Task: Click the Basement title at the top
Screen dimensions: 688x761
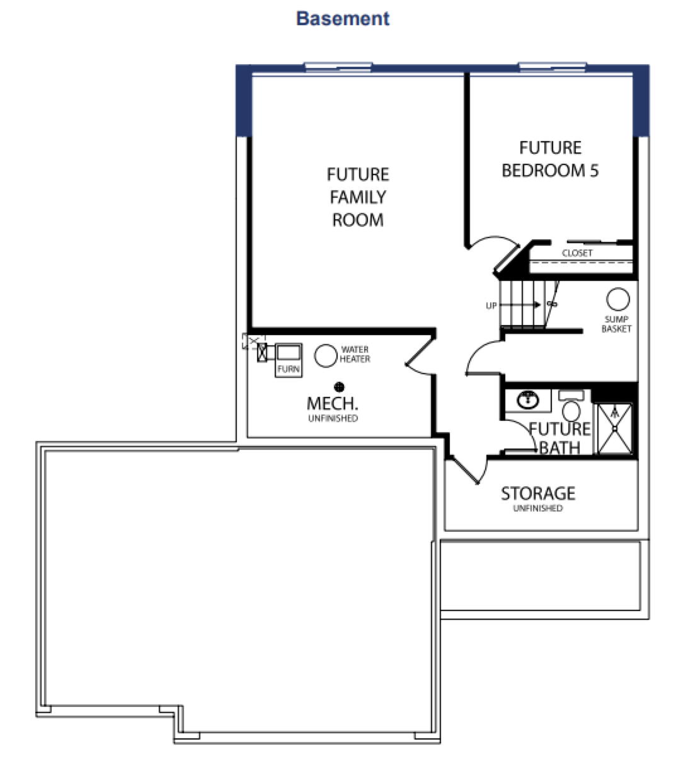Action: (x=343, y=19)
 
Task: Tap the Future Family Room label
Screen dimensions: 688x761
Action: (x=358, y=197)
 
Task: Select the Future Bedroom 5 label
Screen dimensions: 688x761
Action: (x=550, y=159)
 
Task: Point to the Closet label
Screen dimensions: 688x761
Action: (x=577, y=253)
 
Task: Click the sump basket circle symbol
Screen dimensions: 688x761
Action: (x=618, y=300)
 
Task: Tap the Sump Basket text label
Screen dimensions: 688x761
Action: (x=617, y=324)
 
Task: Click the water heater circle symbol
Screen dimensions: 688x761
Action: (x=326, y=355)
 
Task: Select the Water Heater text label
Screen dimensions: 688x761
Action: (x=355, y=354)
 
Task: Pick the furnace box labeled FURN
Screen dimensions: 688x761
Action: (x=289, y=360)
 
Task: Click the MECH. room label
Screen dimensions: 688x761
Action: (x=333, y=404)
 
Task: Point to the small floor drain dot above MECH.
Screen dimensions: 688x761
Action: (x=339, y=387)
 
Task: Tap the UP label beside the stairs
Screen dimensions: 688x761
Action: (x=491, y=306)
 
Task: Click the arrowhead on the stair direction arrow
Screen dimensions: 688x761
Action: (x=537, y=305)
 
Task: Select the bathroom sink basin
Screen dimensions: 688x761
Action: (x=527, y=400)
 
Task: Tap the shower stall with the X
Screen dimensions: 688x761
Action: (x=615, y=428)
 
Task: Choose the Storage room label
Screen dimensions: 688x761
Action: (x=538, y=493)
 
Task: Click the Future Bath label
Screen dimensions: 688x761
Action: (x=559, y=438)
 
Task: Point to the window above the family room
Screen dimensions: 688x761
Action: (x=338, y=67)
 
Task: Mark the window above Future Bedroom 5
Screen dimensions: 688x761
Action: (x=553, y=67)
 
